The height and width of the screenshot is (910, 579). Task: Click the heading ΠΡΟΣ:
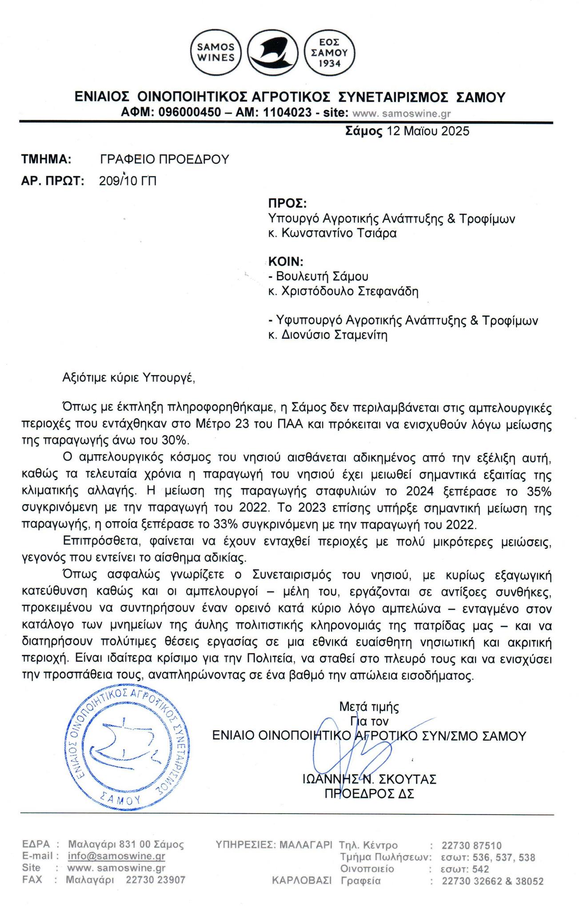click(287, 204)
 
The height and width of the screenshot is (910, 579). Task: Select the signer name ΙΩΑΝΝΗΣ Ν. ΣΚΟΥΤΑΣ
click(369, 779)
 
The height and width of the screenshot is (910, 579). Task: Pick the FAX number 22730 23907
click(156, 879)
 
